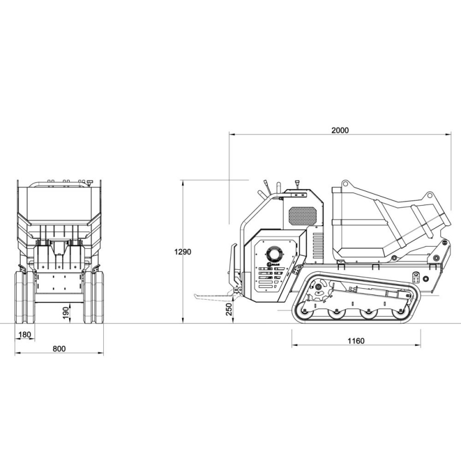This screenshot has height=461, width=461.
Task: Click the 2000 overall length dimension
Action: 340,130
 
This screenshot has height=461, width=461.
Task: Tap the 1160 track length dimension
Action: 356,341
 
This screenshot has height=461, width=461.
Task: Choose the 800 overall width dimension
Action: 59,348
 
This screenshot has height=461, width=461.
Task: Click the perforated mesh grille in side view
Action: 303,216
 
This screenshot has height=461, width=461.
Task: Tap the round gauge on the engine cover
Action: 274,254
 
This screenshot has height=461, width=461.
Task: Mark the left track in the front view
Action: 24,297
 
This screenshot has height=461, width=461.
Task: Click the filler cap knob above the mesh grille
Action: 297,185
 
